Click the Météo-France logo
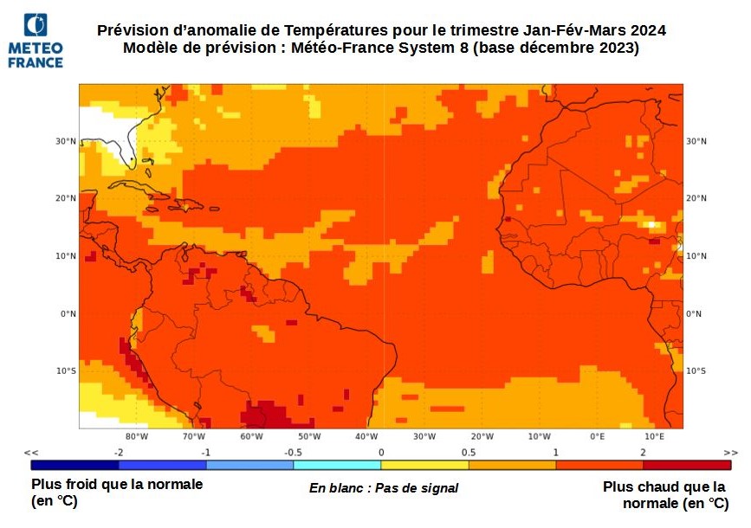[36, 41]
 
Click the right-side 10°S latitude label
[696, 371]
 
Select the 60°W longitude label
[251, 436]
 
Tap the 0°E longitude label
[597, 436]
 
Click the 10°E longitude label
[654, 436]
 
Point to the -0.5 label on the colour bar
[293, 453]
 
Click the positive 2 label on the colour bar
[643, 453]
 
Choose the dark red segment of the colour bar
[686, 465]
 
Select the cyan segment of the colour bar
[337, 465]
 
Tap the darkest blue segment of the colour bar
[74, 465]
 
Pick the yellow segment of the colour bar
[424, 465]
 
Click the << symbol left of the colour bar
[32, 453]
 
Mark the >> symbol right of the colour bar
[730, 453]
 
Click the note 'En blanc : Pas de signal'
[384, 488]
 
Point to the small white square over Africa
[651, 224]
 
